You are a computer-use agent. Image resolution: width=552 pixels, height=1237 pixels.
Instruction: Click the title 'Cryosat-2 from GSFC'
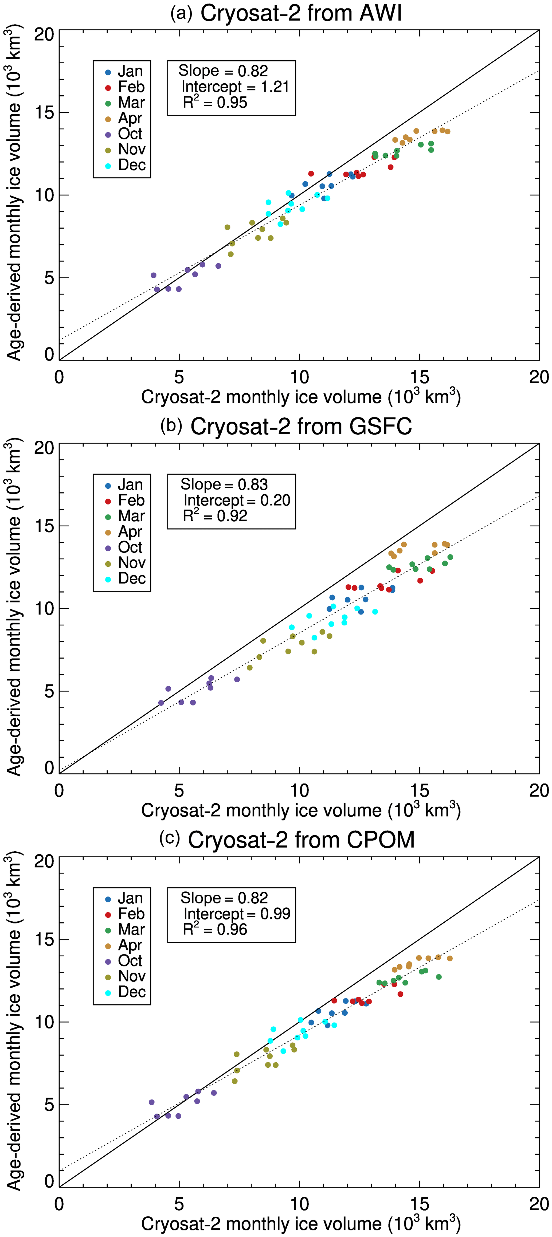pyautogui.click(x=301, y=426)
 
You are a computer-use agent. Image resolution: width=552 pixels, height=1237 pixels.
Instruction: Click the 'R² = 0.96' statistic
pyautogui.click(x=215, y=929)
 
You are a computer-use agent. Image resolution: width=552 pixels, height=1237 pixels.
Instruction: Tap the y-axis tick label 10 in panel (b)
pyautogui.click(x=44, y=608)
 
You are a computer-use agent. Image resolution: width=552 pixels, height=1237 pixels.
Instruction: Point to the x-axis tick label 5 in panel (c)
pyautogui.click(x=179, y=1204)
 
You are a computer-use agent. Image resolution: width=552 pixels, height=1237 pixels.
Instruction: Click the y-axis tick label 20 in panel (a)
pyautogui.click(x=44, y=34)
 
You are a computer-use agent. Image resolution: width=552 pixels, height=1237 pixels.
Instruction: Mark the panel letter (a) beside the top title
pyautogui.click(x=181, y=13)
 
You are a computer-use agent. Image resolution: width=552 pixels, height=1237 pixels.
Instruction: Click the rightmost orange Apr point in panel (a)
pyautogui.click(x=447, y=132)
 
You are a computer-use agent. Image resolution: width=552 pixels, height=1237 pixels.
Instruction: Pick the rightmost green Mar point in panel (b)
pyautogui.click(x=450, y=557)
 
